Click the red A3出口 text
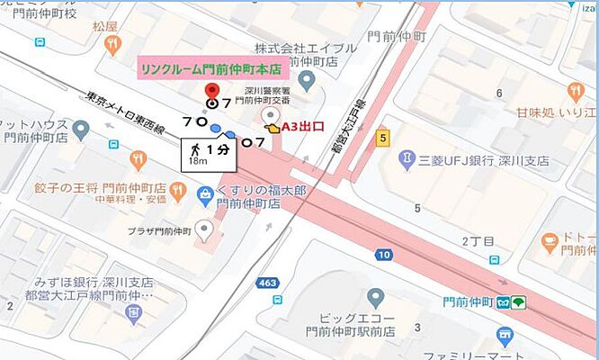pos(303,128)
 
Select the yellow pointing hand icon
pos(273,130)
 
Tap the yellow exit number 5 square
pos(382,137)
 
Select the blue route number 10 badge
pos(384,256)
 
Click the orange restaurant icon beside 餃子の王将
pos(138,160)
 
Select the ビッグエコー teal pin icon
pos(375,296)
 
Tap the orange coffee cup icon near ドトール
pos(550,240)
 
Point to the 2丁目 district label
pos(478,242)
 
